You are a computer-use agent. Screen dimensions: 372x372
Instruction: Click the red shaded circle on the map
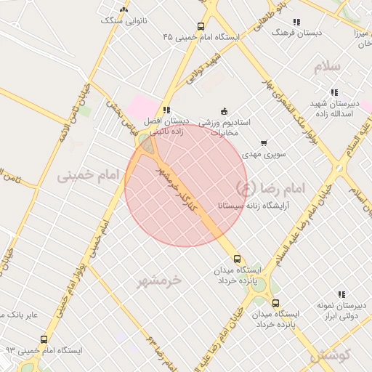[x=186, y=185]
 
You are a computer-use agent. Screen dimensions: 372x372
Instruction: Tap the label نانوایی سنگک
[x=124, y=21]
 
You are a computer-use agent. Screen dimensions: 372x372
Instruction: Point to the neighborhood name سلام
[x=327, y=67]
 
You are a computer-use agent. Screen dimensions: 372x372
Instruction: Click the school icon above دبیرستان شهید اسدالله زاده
[x=333, y=92]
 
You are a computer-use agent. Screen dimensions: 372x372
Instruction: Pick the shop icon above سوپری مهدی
[x=263, y=143]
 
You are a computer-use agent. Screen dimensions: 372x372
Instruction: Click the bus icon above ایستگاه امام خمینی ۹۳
[x=44, y=339]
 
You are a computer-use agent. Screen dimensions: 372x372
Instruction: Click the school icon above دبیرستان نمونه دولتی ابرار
[x=342, y=294]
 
